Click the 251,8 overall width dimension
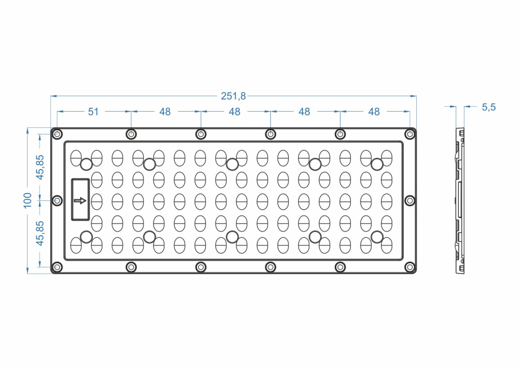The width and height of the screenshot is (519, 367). pos(234,96)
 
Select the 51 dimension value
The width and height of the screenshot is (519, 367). pos(93,112)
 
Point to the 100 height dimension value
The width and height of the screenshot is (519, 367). pos(28,200)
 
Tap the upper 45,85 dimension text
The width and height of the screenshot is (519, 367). pos(40,167)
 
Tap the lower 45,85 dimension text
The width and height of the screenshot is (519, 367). pos(40,234)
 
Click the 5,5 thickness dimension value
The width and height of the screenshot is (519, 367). pos(489,107)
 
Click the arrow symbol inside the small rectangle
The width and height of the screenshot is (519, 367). pos(80,200)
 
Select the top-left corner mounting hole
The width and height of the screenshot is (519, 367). pos(58,134)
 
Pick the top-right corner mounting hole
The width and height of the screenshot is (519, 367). pos(410,134)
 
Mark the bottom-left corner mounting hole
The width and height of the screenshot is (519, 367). pos(58,267)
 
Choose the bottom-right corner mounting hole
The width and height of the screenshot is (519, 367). pos(410,267)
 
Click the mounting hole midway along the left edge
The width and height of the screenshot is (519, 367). pos(58,200)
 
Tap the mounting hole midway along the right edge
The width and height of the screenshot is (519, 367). pos(410,200)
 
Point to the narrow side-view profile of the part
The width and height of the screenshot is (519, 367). pos(460,200)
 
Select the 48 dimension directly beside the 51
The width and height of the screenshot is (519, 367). pos(165,112)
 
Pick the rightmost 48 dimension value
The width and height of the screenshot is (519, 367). pos(374,112)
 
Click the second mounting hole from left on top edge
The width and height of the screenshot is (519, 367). pos(131,134)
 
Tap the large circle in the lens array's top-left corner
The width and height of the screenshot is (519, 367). pos(86,164)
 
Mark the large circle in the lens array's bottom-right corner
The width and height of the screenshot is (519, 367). pos(377,237)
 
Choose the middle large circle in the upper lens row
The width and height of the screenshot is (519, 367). pos(232,164)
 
